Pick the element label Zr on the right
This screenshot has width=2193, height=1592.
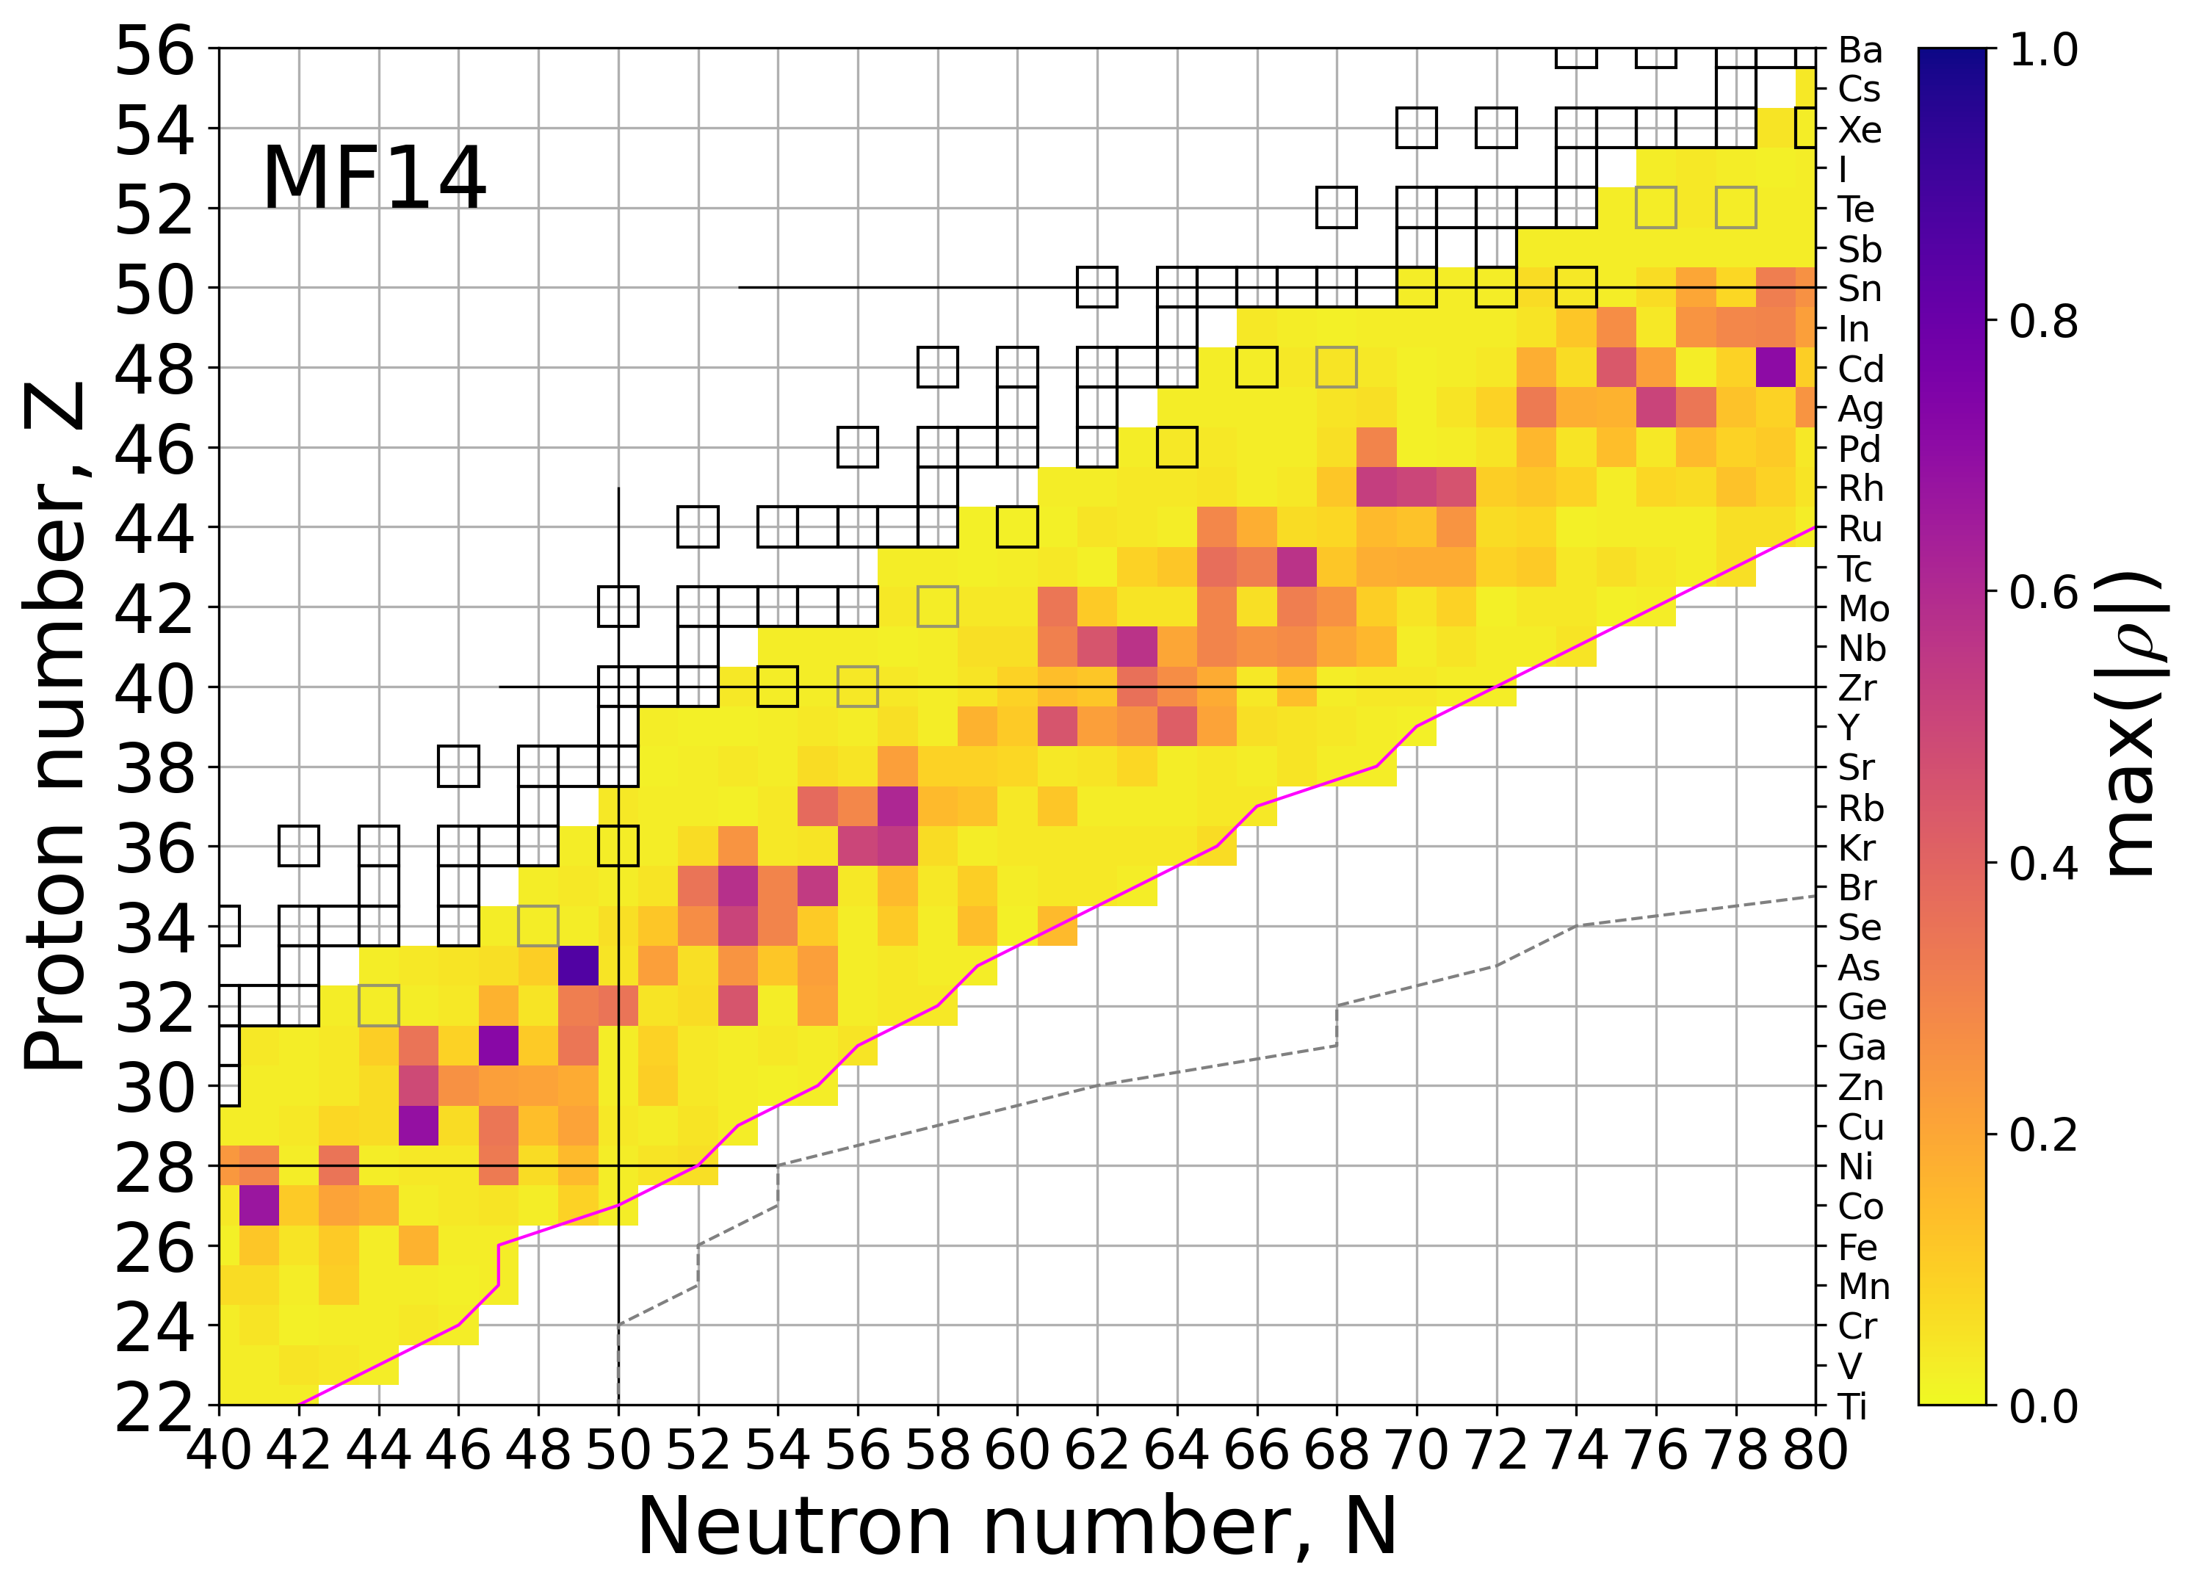coord(1857,688)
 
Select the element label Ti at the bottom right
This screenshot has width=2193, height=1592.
coord(1851,1406)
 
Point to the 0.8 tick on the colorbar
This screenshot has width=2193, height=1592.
coord(2043,321)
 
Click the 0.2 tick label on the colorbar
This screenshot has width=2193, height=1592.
coord(2043,1135)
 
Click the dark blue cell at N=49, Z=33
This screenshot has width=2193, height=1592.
coord(578,966)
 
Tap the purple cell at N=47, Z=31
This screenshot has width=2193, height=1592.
coord(498,1046)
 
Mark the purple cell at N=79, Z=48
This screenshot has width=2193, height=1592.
coord(1775,367)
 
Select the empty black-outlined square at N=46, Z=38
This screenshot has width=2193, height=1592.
coord(458,767)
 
